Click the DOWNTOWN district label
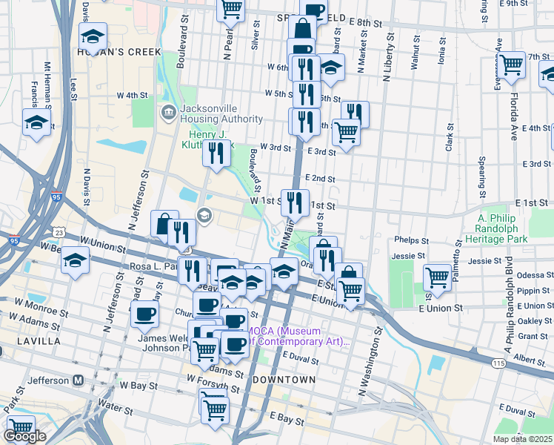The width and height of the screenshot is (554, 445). (x=284, y=379)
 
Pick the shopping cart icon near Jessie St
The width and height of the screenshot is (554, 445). (x=437, y=278)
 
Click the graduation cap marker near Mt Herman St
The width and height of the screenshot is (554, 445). (x=36, y=122)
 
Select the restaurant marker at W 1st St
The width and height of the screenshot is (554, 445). (x=295, y=201)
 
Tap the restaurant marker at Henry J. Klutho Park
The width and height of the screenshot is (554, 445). (x=216, y=153)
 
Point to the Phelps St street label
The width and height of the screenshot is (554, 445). (x=412, y=240)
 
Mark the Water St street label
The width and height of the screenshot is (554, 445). (x=115, y=407)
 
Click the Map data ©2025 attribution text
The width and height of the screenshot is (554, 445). (x=522, y=439)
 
